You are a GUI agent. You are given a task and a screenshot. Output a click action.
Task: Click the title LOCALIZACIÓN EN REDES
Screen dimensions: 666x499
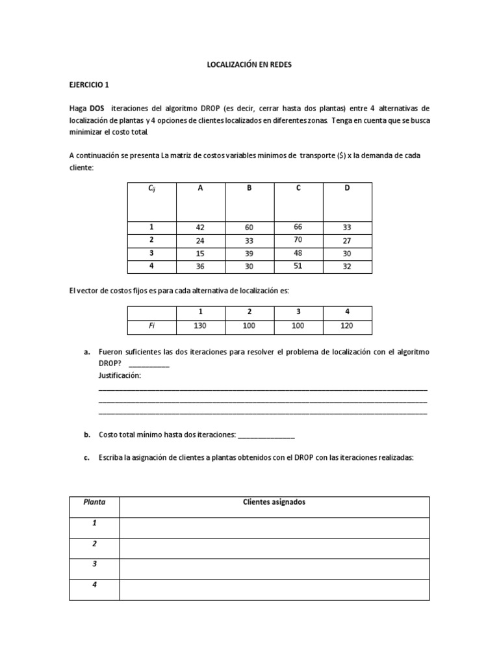(x=249, y=65)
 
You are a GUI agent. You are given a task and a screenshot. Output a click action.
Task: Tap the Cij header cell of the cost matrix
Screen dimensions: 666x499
(x=151, y=189)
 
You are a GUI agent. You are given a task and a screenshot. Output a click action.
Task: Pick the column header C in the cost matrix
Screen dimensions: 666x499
(x=298, y=189)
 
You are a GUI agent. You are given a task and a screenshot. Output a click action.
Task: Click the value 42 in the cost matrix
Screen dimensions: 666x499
(x=199, y=228)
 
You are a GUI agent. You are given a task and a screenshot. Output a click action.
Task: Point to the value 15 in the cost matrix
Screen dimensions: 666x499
(x=199, y=253)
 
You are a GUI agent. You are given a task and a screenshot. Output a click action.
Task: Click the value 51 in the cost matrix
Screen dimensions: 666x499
(x=298, y=265)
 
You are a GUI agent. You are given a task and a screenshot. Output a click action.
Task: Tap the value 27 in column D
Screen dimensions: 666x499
(x=347, y=241)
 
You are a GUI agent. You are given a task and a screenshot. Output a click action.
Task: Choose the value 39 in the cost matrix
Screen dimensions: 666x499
(x=249, y=253)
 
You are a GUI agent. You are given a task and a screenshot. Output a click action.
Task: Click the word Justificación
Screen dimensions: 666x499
(x=120, y=375)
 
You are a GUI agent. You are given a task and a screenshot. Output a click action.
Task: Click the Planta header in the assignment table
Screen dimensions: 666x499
(x=94, y=502)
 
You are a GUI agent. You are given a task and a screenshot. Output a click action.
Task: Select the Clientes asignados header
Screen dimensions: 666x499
(x=274, y=502)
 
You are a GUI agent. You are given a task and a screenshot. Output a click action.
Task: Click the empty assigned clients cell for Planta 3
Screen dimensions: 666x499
(x=274, y=568)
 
